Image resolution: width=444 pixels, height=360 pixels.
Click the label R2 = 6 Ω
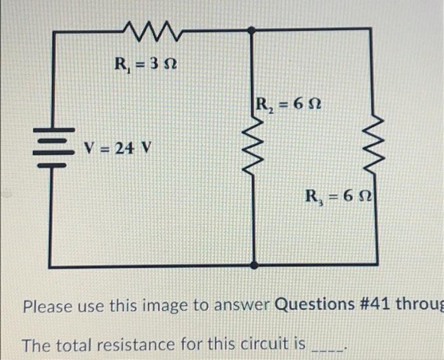(289, 103)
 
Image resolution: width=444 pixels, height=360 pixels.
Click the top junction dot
(252, 29)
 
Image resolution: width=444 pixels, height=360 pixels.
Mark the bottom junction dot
(254, 265)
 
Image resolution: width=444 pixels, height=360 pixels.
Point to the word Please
(48, 305)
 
